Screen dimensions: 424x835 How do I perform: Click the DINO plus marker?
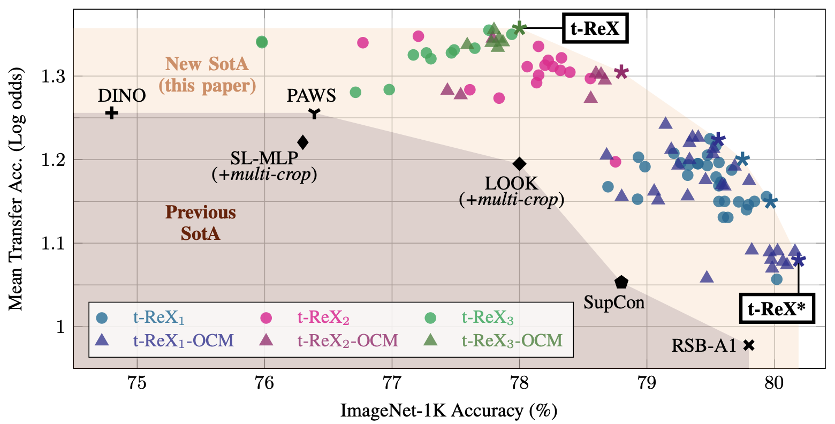111,113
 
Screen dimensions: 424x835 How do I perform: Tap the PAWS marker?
315,113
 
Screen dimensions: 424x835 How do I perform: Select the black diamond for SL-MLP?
303,142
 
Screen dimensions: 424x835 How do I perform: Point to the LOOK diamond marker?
519,163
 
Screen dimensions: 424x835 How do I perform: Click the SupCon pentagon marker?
621,282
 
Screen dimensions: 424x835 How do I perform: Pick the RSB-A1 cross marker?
749,345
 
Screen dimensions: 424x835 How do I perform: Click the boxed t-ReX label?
595,28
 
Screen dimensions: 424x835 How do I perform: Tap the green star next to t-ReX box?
519,28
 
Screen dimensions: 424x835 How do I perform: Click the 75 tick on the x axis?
137,384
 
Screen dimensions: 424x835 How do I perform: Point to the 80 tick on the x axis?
774,384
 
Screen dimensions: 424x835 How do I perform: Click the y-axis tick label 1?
59,327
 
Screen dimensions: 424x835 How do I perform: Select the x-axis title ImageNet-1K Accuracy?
449,411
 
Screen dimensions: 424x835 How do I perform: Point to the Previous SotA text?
200,223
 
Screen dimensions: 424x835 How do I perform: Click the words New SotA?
207,64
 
